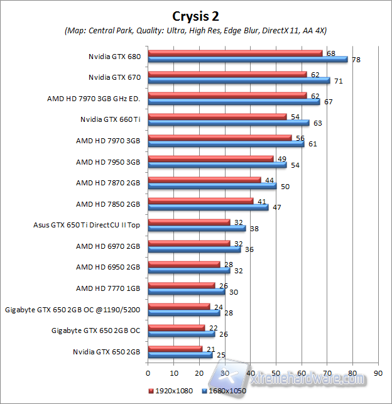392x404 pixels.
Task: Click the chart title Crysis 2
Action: point(196,14)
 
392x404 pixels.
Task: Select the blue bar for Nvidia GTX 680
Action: point(248,60)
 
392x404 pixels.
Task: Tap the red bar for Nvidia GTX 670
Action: point(227,74)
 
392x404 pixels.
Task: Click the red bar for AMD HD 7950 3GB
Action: point(210,158)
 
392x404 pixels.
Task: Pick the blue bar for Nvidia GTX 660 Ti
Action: point(228,123)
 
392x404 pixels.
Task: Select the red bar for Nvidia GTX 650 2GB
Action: point(175,348)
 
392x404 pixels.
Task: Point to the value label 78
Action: point(356,60)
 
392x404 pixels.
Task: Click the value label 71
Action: point(337,81)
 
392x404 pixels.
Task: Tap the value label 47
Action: point(276,207)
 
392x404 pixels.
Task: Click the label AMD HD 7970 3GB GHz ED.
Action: point(94,99)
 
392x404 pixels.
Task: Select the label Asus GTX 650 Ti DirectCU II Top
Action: point(87,225)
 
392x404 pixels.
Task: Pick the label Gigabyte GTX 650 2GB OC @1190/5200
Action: point(72,309)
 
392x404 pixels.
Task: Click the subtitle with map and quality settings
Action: point(196,31)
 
